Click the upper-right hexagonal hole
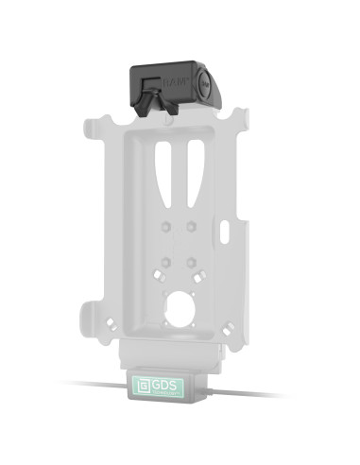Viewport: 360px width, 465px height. pyautogui.click(x=192, y=225)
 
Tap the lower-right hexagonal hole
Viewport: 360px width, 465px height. pyautogui.click(x=192, y=259)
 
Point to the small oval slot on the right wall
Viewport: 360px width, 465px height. pyautogui.click(x=228, y=231)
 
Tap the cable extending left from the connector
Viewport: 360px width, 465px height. pyautogui.click(x=94, y=385)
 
